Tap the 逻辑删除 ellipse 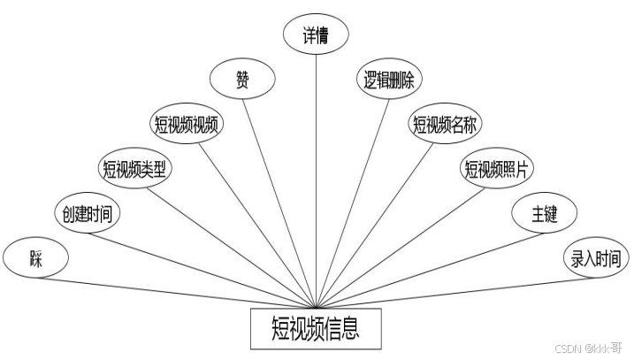pos(390,80)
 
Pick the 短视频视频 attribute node pos(187,125)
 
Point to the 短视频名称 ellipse pos(445,125)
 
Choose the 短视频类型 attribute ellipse pos(134,168)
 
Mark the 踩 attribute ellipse pos(35,259)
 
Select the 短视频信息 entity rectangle pos(316,329)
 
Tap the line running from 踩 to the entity pos(177,292)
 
